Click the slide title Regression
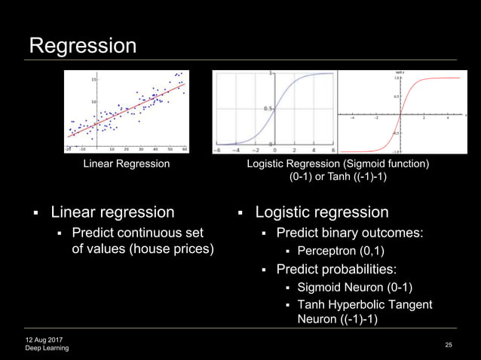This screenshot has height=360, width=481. point(82,46)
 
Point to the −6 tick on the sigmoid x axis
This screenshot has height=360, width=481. point(219,151)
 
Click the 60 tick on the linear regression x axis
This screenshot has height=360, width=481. point(184,148)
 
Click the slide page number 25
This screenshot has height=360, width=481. point(449,345)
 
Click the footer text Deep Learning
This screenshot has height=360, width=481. point(47,348)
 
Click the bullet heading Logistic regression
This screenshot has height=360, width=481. point(322,212)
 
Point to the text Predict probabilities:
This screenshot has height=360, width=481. point(336,269)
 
